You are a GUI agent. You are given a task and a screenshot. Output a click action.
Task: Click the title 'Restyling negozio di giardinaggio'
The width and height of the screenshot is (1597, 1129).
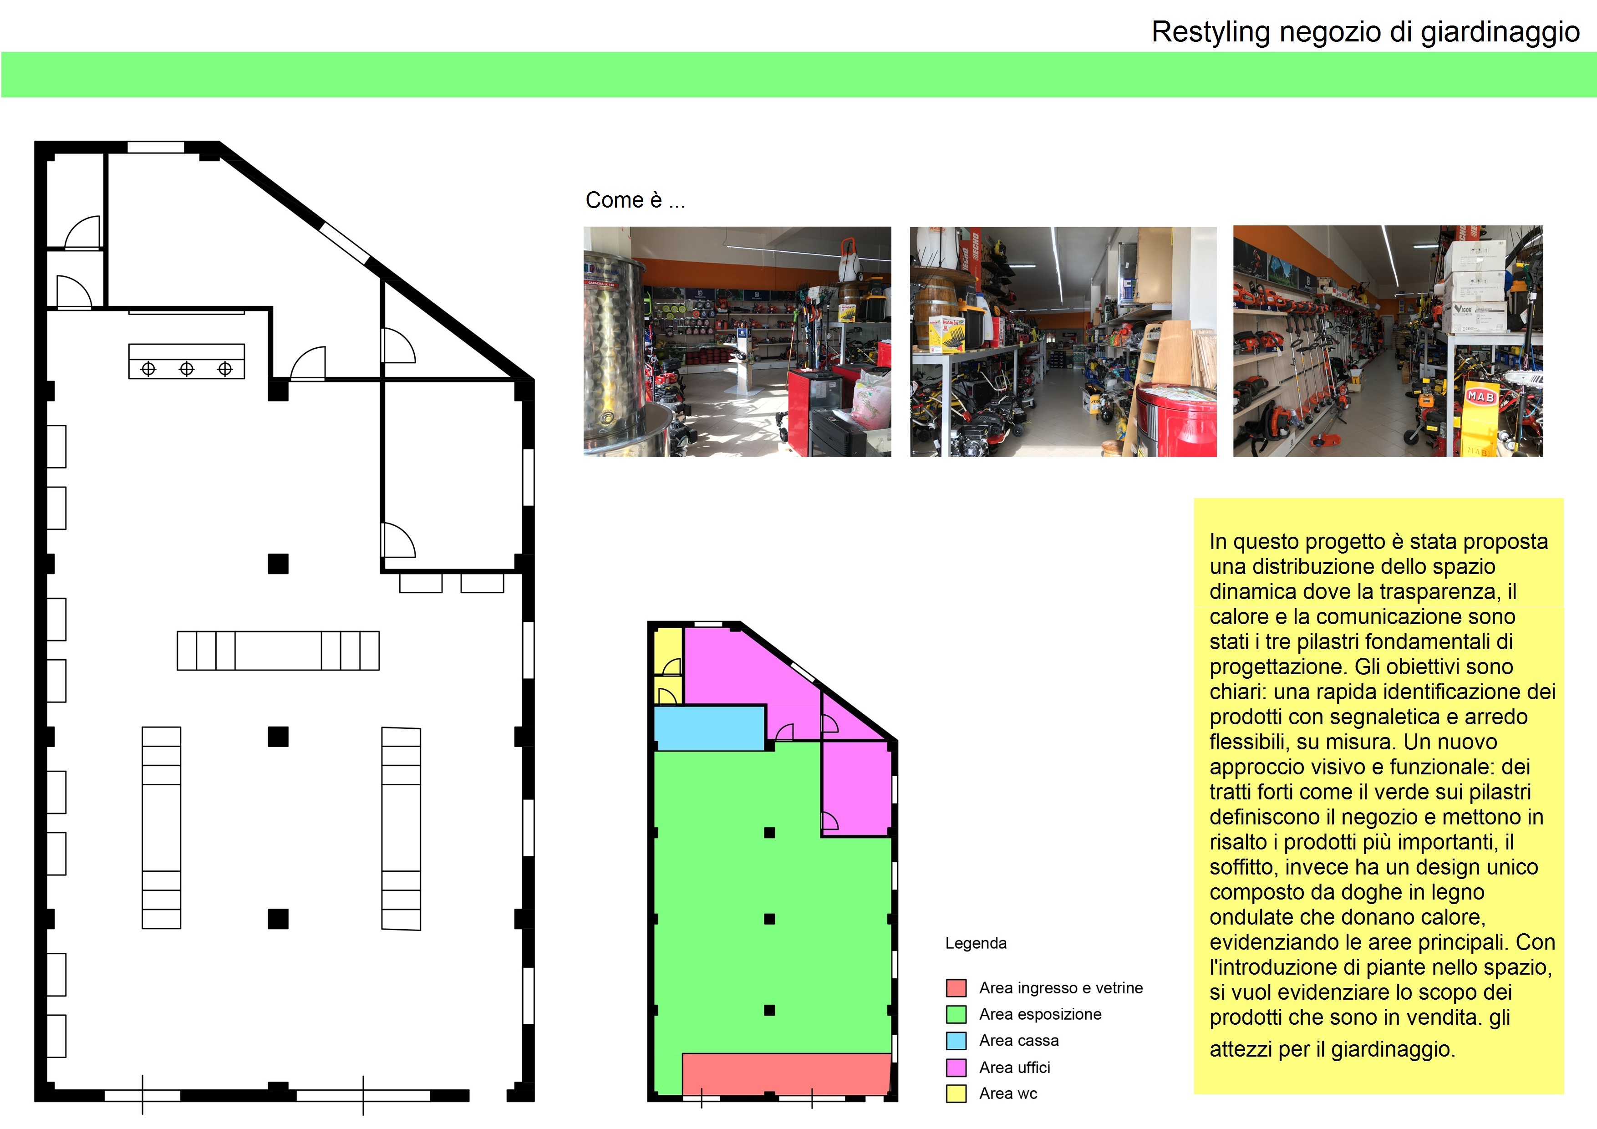(x=1365, y=32)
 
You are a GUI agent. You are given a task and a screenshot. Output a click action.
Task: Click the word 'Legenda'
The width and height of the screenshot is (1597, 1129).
(x=975, y=943)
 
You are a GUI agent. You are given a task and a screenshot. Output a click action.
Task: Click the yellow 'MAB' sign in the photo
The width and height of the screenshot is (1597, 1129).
(x=1480, y=397)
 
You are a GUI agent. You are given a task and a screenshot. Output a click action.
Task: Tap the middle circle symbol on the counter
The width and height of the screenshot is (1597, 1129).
(x=186, y=369)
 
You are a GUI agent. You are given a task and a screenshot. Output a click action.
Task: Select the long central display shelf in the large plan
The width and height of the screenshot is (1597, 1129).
(x=278, y=651)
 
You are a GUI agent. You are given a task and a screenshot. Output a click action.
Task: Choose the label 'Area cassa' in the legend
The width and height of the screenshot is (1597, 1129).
(x=1018, y=1041)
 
